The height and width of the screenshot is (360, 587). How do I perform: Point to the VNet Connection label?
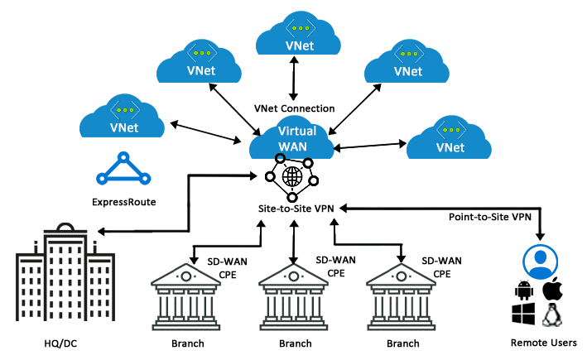[294, 108]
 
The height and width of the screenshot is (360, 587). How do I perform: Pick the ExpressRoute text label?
[124, 201]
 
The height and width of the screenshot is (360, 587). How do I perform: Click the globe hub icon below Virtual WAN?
[291, 180]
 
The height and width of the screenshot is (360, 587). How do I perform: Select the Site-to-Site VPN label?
[296, 210]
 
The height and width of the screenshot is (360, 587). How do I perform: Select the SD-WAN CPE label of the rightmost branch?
[439, 266]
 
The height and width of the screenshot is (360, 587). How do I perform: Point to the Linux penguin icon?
[551, 315]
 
